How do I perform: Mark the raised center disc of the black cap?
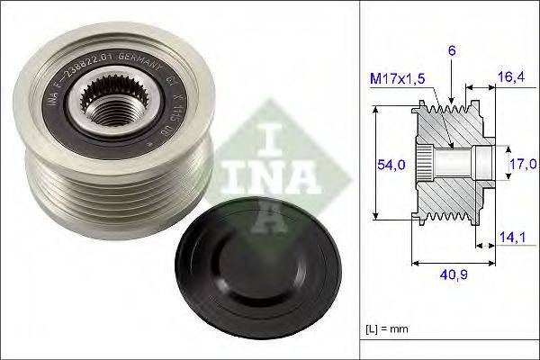pos(234,274)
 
